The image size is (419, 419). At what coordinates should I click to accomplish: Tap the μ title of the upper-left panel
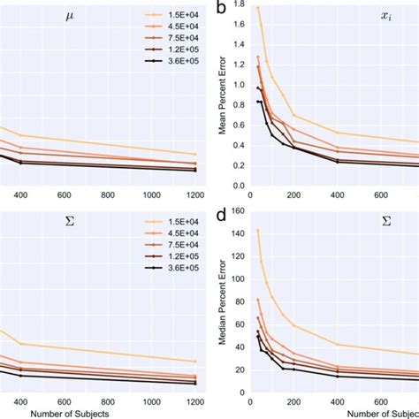pos(70,16)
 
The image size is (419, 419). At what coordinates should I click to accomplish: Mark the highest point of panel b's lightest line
pos(257,7)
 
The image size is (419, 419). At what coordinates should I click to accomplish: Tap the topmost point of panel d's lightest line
pos(257,230)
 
